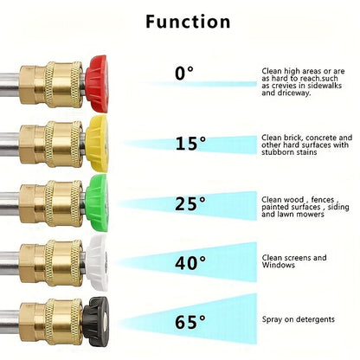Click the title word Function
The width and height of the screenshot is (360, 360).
coord(188,22)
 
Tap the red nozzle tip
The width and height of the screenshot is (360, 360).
coord(97,84)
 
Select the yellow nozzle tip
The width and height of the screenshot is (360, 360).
coord(97,144)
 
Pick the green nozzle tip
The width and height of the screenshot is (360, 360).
coord(97,202)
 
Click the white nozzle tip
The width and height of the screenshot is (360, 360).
coord(97,262)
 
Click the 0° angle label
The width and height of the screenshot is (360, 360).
coord(184,73)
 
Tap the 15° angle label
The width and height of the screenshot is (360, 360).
coord(190,143)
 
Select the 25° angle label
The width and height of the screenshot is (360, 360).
coord(190,203)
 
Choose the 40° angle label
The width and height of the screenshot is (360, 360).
coord(190,262)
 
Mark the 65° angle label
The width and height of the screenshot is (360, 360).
coord(190,322)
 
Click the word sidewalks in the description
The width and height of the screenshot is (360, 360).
coord(325,86)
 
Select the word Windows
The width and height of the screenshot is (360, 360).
coord(279,265)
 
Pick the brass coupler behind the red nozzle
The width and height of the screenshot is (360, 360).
coord(52,85)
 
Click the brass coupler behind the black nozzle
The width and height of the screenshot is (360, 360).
coord(51,322)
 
